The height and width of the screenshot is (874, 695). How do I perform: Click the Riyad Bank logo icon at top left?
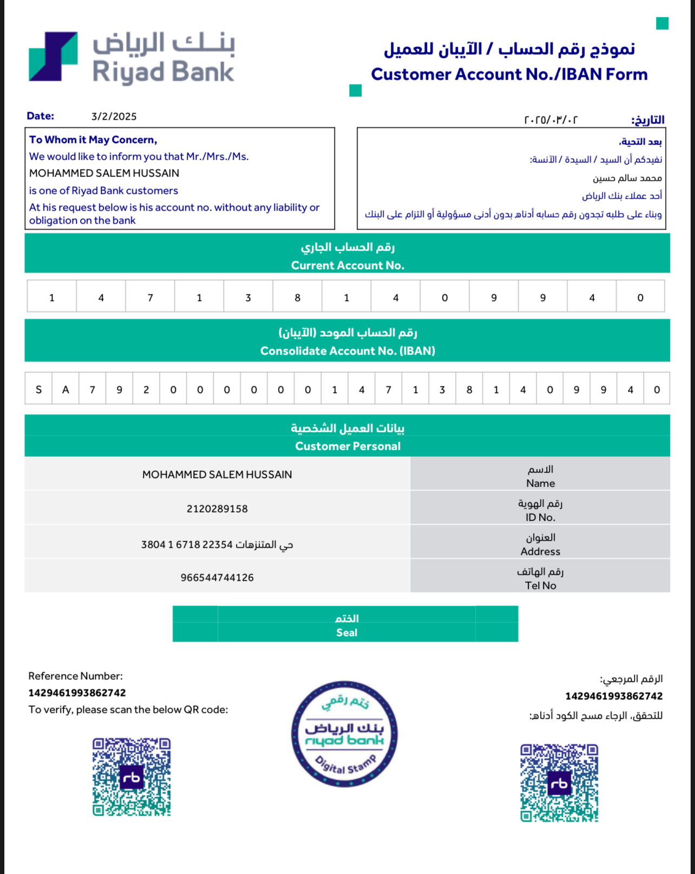coord(53,57)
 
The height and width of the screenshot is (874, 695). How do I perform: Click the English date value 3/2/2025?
coord(114,116)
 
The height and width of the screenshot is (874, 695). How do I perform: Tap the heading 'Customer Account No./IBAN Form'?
coord(509,74)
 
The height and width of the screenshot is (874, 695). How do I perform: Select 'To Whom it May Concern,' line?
coord(93,140)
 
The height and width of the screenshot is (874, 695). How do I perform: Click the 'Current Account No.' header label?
coord(347,265)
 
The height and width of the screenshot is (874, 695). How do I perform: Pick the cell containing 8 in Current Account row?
coord(297,297)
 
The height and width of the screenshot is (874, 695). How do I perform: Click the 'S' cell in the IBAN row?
coord(38,389)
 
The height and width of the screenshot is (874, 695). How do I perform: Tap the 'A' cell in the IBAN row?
coord(65,389)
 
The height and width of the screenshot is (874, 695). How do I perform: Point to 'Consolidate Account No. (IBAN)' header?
coord(347,351)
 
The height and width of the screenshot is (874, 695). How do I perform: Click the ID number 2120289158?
coord(217,509)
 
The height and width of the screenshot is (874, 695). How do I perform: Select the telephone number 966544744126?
coord(217,577)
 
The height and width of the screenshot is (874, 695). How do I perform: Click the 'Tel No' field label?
coord(540,586)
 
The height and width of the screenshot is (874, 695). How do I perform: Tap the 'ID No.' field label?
coord(540,517)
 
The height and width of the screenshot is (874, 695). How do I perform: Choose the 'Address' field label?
coord(540,551)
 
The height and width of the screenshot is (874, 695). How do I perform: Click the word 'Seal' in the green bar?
coord(346,633)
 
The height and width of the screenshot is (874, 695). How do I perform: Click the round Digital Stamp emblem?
coord(344,733)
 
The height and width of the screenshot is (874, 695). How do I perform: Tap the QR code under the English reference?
coord(132,777)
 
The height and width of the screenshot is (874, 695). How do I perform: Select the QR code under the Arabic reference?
coord(559,783)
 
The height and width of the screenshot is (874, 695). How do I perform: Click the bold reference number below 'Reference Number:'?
coord(77,693)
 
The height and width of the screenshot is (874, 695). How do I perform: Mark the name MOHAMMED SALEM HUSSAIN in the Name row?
coord(217,475)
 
